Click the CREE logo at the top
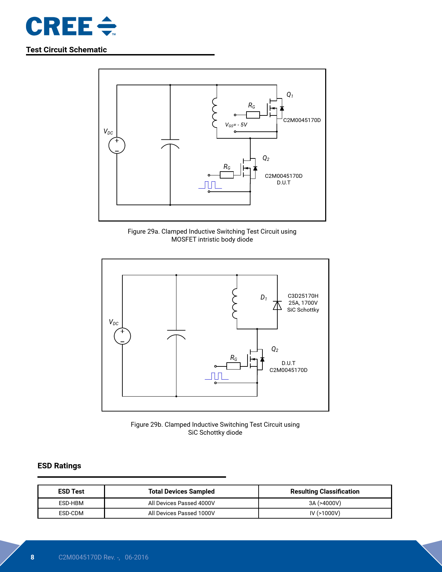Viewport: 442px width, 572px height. pos(71,26)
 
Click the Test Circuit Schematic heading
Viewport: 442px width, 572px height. pos(66,50)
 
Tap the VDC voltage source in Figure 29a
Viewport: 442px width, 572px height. pos(117,146)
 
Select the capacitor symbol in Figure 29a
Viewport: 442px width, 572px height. pos(170,144)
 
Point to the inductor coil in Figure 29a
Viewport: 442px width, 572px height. pos(215,113)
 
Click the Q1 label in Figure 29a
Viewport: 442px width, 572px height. pos(290,95)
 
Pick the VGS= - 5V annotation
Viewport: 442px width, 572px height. pos(236,125)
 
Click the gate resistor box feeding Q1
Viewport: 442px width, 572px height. pos(253,115)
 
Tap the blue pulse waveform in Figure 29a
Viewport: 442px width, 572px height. pos(210,185)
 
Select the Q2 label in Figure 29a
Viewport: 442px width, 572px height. pos(266,158)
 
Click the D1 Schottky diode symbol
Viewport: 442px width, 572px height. pos(277,305)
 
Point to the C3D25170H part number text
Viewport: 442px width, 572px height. pos(303,296)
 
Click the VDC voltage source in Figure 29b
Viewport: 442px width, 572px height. pos(122,336)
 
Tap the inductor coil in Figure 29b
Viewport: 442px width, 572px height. pos(235,303)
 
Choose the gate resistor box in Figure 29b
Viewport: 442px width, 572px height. pos(233,366)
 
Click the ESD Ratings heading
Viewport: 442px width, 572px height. pos(59,466)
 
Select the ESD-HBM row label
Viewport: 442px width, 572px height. pos(71,503)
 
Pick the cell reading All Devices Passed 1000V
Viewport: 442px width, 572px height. pos(181,513)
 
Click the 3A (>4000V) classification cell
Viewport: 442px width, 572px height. pos(325,503)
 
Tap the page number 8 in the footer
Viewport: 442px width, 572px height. pos(33,557)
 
